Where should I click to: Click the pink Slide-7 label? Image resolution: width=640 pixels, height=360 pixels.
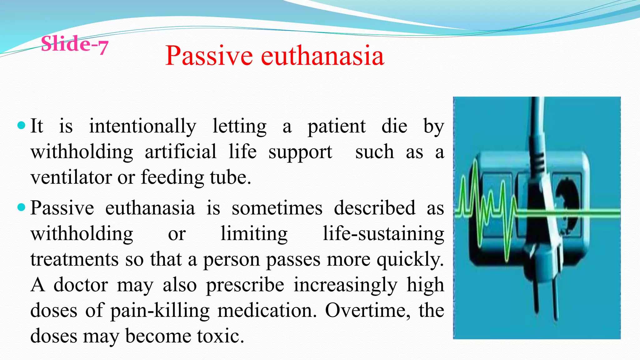(74, 44)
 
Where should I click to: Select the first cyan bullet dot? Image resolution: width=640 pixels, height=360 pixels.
(21, 126)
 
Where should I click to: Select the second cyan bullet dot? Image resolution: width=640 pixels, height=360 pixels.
(21, 207)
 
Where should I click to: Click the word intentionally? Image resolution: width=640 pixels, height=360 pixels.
(142, 126)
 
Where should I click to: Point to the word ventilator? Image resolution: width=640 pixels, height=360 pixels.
(72, 177)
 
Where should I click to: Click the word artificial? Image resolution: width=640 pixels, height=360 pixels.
(180, 152)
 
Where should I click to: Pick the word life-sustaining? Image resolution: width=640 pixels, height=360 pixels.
(383, 234)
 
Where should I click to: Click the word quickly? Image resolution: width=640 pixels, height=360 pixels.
(410, 259)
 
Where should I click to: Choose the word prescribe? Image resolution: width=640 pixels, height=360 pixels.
(245, 285)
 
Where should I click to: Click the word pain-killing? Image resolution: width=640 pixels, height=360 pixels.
(160, 311)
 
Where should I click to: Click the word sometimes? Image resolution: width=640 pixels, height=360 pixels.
(277, 208)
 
